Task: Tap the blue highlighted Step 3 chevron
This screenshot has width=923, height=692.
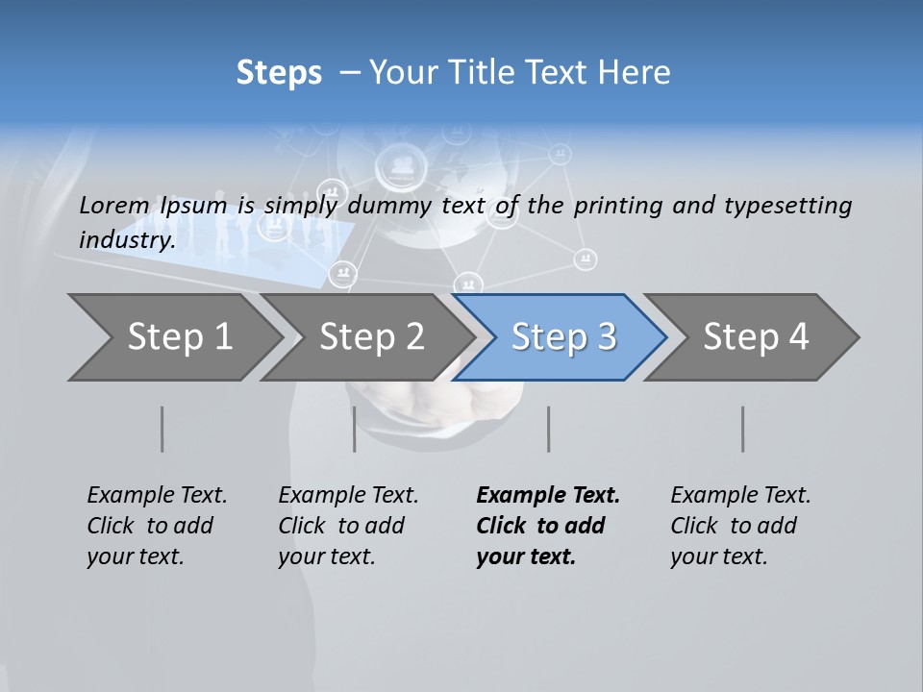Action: coord(562,337)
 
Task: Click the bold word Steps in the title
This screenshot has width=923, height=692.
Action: coord(279,73)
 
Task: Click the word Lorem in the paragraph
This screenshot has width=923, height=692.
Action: coord(113,205)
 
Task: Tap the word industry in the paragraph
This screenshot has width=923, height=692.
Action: coord(126,239)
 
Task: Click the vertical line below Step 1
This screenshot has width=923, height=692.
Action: coord(162,429)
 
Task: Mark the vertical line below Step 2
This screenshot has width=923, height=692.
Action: coord(355,429)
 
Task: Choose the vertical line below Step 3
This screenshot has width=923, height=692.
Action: coord(548,429)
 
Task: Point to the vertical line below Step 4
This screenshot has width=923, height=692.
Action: coord(742,429)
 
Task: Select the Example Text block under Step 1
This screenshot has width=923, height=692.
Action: coord(156,526)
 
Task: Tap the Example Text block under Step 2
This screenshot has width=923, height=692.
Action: coord(347,526)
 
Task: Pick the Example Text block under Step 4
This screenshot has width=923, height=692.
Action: coord(739,526)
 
